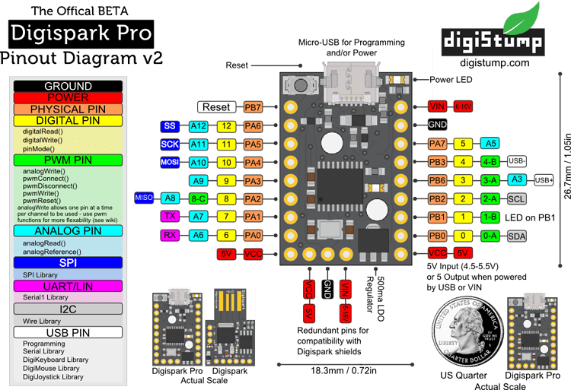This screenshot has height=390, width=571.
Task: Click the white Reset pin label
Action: pos(216,107)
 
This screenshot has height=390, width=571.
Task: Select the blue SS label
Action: pos(171,125)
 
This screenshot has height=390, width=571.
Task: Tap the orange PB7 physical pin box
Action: pos(253,107)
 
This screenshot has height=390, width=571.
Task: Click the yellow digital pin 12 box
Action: pos(225,125)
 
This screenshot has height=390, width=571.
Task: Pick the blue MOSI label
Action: pos(169,162)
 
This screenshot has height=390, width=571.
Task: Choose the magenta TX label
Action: pos(171,217)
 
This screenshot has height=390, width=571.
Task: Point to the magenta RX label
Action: pos(171,235)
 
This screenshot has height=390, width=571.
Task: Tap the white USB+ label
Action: pos(544,179)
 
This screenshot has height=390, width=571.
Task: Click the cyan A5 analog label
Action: pos(490,143)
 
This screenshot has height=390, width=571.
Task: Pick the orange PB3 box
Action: pos(437,161)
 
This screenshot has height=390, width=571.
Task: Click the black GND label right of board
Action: pos(437,125)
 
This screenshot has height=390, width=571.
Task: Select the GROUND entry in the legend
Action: pos(68,86)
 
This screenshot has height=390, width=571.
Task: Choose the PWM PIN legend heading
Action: pos(68,160)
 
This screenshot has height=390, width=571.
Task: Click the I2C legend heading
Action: pos(68,309)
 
